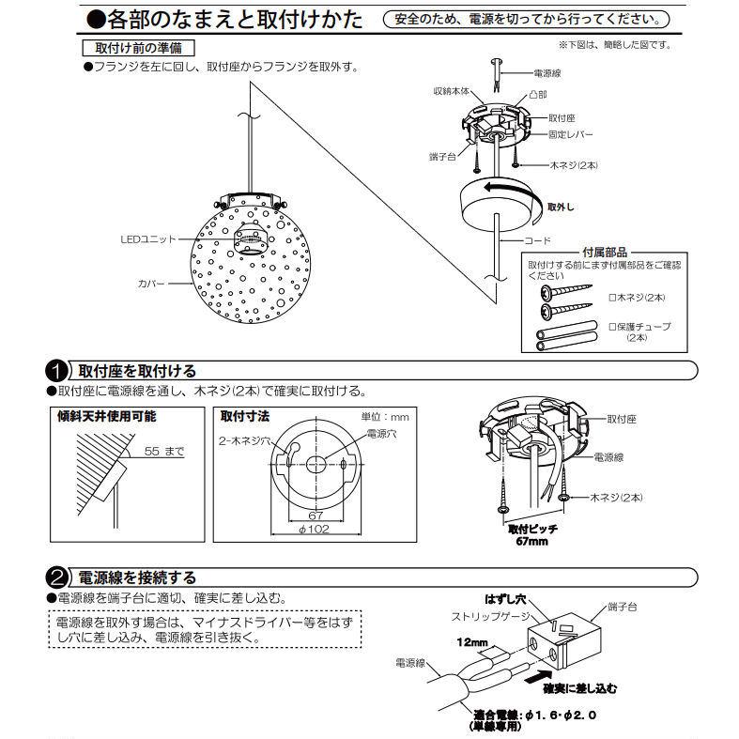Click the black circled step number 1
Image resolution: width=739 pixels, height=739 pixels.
pyautogui.click(x=58, y=371)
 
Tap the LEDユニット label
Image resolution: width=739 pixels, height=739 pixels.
pyautogui.click(x=148, y=240)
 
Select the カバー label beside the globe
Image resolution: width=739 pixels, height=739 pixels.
pyautogui.click(x=151, y=282)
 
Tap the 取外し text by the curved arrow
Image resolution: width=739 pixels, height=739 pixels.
pyautogui.click(x=560, y=205)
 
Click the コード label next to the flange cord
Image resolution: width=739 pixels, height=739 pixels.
pyautogui.click(x=537, y=241)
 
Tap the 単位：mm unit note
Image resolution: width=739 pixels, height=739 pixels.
pyautogui.click(x=385, y=416)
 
